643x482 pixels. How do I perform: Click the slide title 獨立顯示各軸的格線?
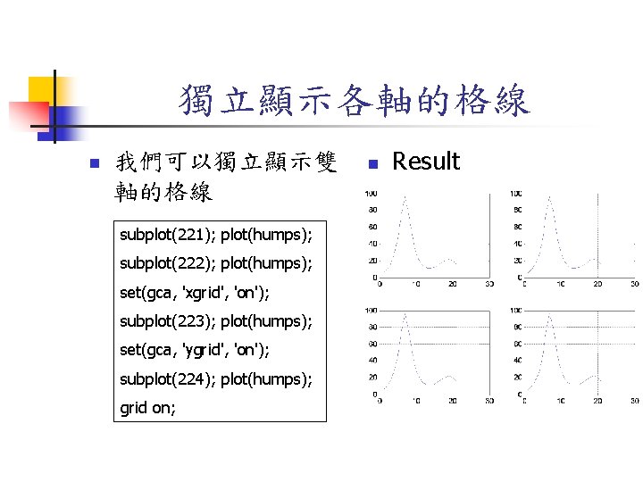354,100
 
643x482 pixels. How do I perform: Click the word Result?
426,162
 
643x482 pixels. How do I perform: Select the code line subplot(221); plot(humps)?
216,236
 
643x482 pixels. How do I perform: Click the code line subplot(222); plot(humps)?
216,264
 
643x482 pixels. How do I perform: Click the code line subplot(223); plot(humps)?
216,321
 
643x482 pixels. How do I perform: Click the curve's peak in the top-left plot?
405,199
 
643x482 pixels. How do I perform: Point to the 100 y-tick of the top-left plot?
370,193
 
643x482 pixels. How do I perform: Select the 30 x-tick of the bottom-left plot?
489,402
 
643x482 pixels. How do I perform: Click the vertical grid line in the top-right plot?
561,232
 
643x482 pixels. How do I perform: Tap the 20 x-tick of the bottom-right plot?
597,402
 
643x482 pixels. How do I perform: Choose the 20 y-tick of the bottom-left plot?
372,377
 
